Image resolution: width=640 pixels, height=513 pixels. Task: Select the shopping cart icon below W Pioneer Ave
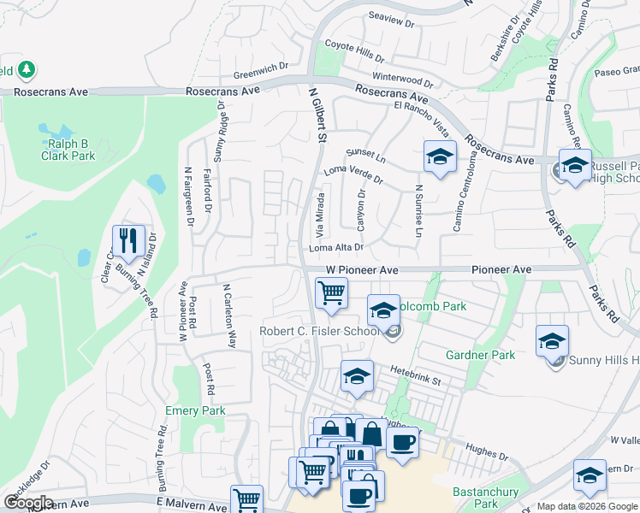331,294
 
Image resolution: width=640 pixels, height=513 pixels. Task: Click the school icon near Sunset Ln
440,157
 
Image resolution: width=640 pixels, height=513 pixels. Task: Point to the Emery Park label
197,411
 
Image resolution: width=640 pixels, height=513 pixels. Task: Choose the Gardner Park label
480,355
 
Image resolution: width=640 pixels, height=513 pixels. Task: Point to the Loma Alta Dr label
337,248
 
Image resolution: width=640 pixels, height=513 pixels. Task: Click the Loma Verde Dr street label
353,174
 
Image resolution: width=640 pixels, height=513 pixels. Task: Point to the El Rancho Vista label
422,115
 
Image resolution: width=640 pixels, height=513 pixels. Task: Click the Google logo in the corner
29,503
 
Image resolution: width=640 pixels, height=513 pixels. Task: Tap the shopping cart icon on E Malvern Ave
246,498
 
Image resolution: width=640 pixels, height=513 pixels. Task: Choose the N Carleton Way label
229,315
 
